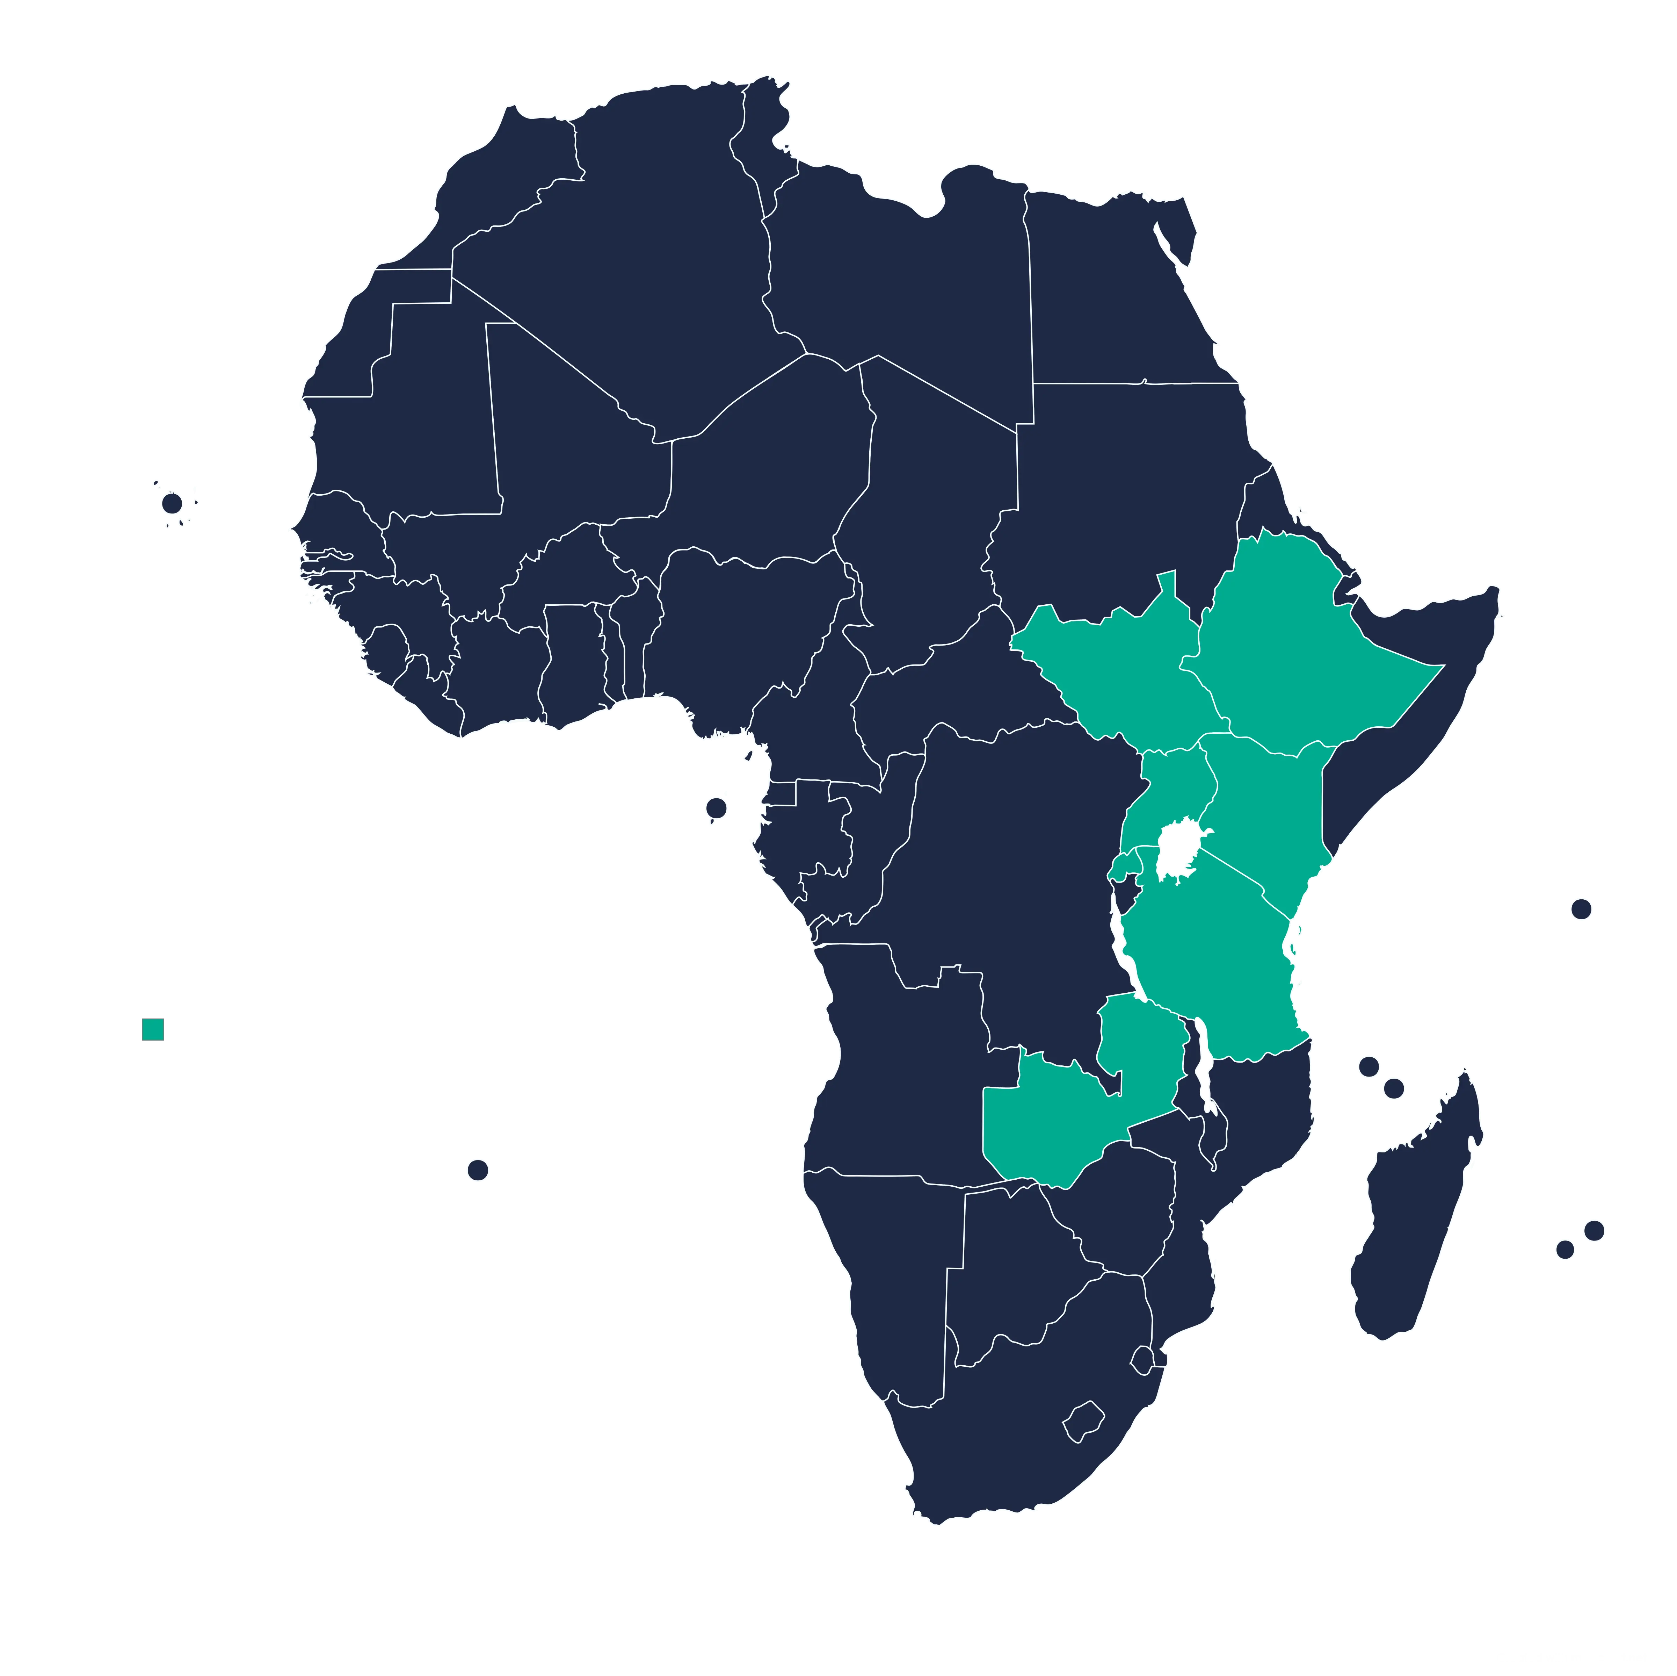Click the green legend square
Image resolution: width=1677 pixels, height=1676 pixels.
[x=152, y=1030]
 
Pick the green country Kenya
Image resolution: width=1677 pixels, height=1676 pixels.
[x=1267, y=808]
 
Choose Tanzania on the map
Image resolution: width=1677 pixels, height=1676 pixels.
[x=1215, y=964]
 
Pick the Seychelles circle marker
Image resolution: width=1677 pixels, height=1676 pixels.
[x=1581, y=909]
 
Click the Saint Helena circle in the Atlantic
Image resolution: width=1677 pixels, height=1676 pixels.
[x=477, y=1170]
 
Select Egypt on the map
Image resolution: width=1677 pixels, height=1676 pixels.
[x=1120, y=295]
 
